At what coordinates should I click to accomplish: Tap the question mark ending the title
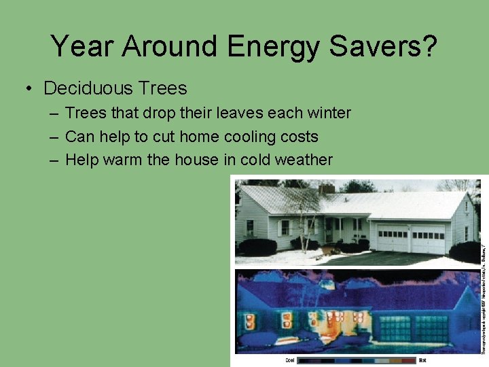(x=429, y=47)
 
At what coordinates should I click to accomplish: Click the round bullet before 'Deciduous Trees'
(x=28, y=89)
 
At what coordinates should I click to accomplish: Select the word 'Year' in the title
(x=78, y=47)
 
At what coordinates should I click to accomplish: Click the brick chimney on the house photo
(x=327, y=188)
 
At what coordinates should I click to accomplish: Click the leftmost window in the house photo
(x=249, y=228)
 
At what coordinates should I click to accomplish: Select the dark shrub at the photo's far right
(x=466, y=251)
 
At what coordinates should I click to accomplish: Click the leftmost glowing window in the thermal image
(x=249, y=320)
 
